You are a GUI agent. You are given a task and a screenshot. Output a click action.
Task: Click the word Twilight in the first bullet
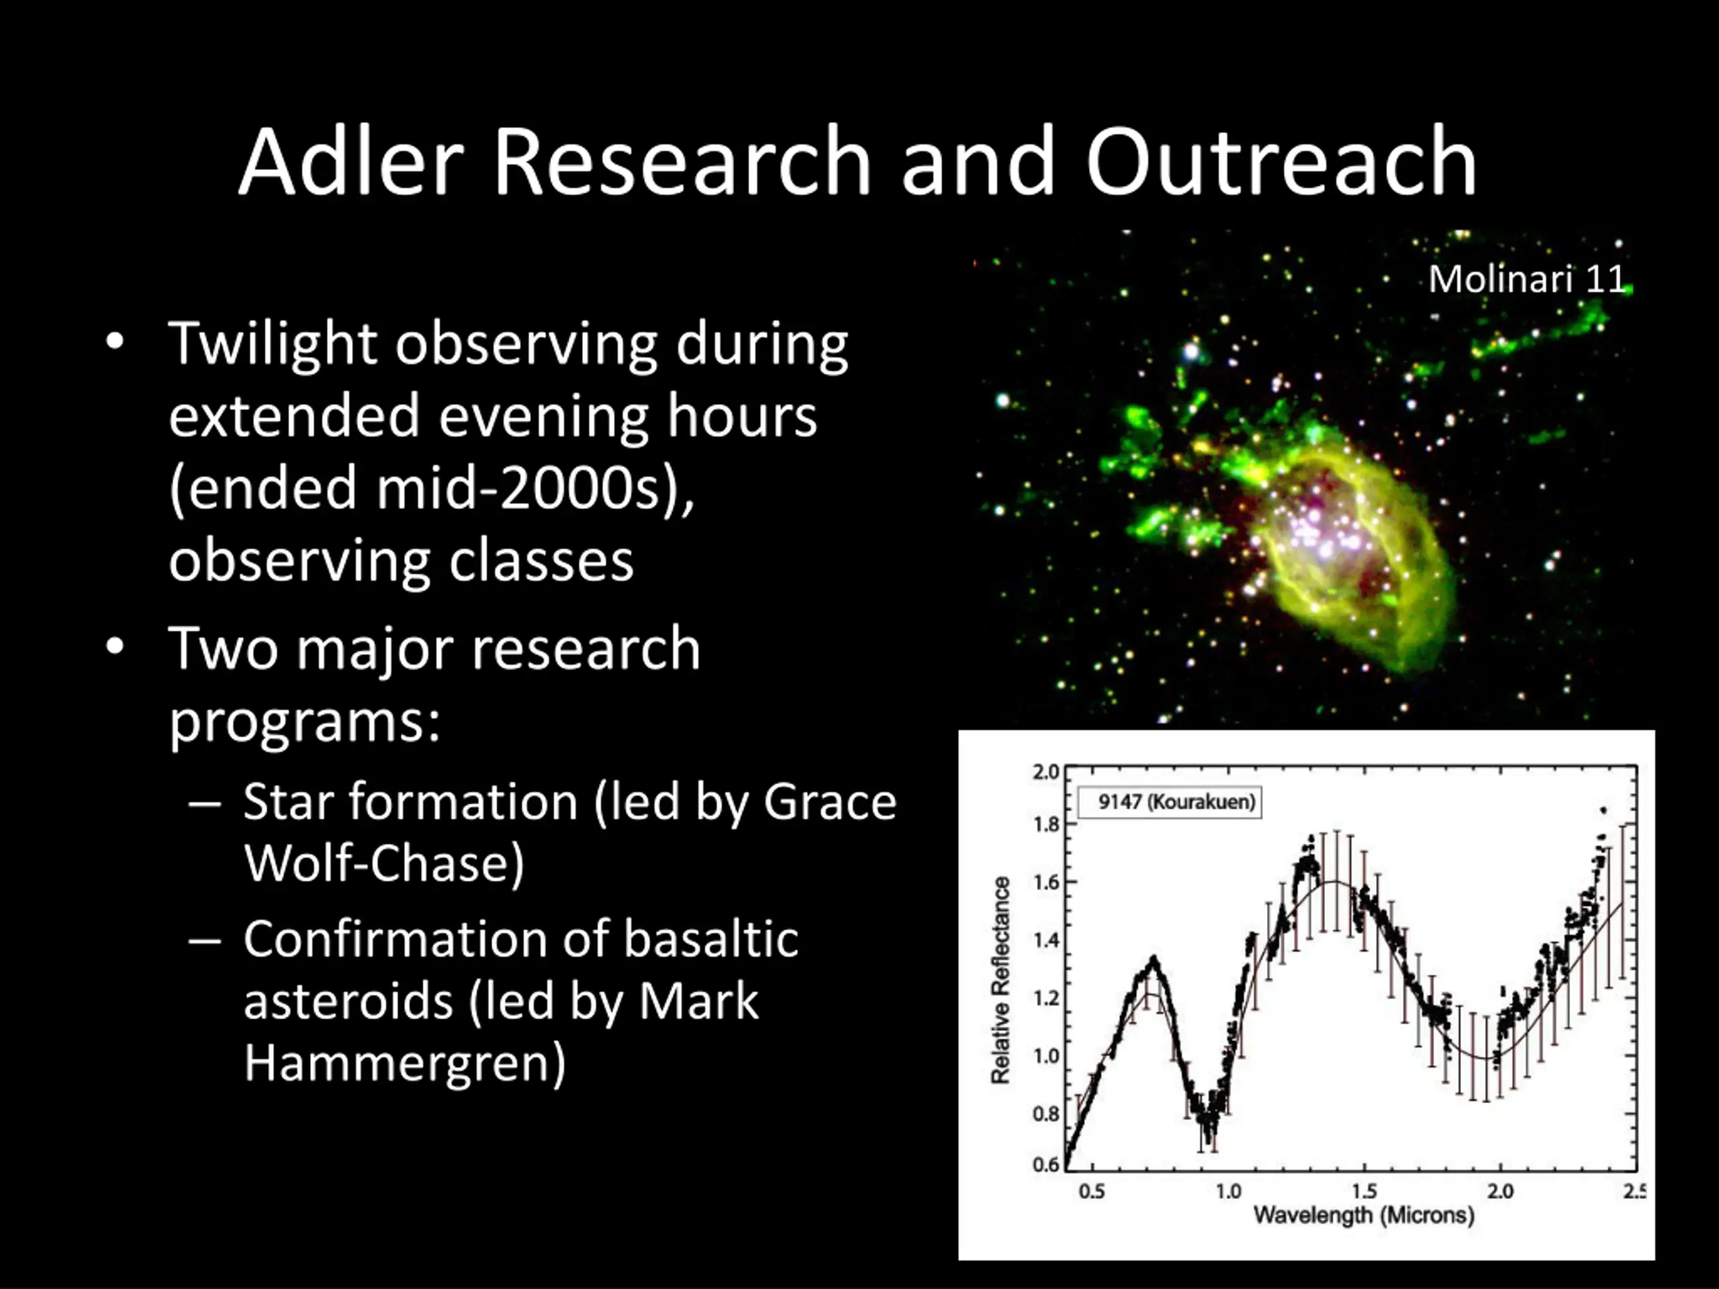pyautogui.click(x=273, y=345)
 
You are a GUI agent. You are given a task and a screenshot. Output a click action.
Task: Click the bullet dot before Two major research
pyautogui.click(x=115, y=647)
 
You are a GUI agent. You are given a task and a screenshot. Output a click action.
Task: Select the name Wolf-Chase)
pyautogui.click(x=384, y=863)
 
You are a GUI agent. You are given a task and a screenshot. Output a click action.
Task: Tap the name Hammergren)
pyautogui.click(x=405, y=1063)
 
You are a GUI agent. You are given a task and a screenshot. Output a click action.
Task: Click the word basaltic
pyautogui.click(x=711, y=939)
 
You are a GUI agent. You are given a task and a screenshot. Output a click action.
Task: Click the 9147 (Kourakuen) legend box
pyautogui.click(x=1169, y=802)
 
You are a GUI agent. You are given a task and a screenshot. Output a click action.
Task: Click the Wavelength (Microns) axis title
pyautogui.click(x=1364, y=1215)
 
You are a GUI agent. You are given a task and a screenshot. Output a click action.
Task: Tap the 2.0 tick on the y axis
pyautogui.click(x=1046, y=771)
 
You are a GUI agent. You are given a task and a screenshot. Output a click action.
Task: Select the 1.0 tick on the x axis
pyautogui.click(x=1229, y=1191)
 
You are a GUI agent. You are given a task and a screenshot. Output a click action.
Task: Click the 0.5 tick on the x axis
pyautogui.click(x=1092, y=1191)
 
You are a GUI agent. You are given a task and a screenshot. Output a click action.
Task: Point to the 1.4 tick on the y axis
pyautogui.click(x=1046, y=940)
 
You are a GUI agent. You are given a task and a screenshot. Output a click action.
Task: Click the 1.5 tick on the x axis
pyautogui.click(x=1364, y=1191)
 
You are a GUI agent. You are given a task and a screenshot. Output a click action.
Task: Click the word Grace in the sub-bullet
pyautogui.click(x=830, y=802)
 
